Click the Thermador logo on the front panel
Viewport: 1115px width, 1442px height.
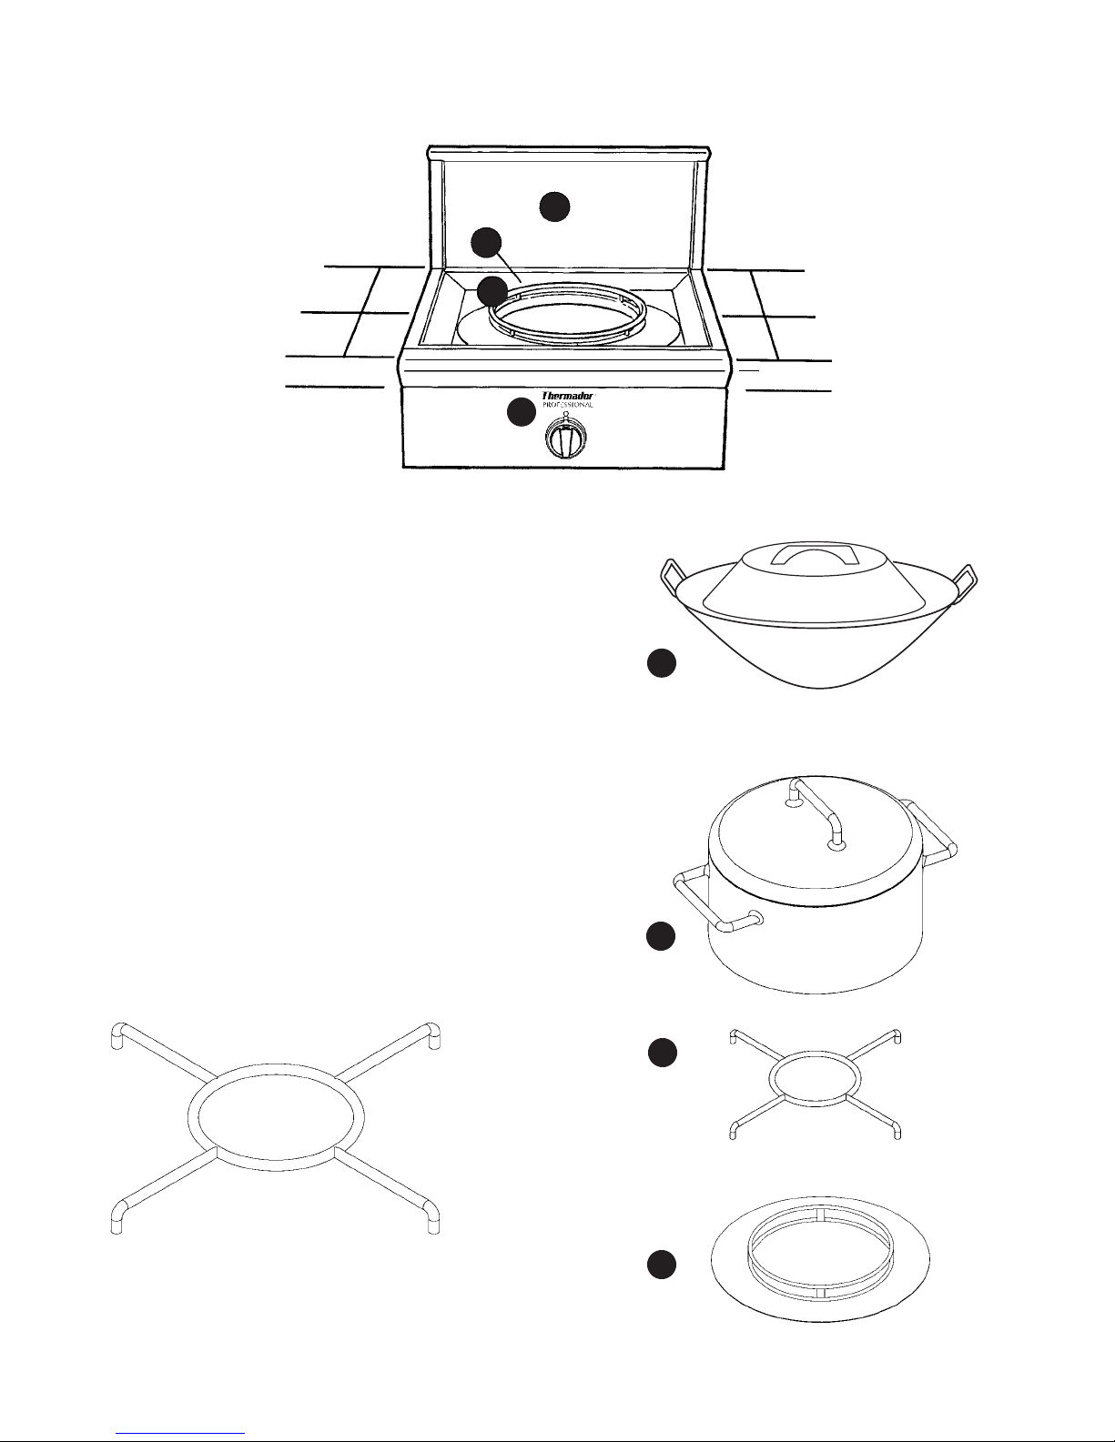tap(567, 396)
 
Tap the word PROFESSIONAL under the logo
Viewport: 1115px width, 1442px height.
tap(567, 405)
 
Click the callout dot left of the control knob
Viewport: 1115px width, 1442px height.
tap(522, 412)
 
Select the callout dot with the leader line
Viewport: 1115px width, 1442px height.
tap(486, 243)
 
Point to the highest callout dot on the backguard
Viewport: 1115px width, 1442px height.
tap(554, 207)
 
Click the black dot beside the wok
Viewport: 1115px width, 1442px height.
tap(662, 663)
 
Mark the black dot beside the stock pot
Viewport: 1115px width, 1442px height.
tap(661, 936)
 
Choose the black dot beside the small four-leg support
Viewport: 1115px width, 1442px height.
tap(663, 1054)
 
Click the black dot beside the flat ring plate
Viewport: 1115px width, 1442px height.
tap(662, 1265)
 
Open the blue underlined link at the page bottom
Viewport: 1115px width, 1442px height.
tap(180, 1434)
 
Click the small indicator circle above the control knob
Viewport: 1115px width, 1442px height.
tap(565, 413)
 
